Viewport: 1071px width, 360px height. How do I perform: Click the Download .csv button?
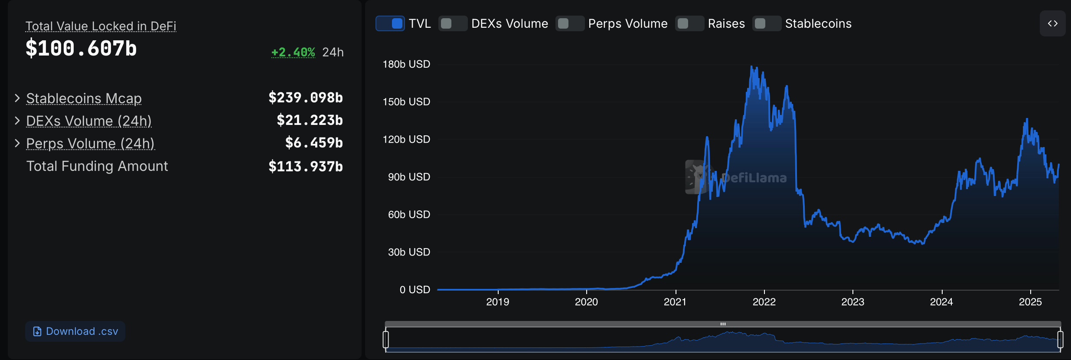click(75, 331)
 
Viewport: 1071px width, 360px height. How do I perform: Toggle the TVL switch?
click(390, 23)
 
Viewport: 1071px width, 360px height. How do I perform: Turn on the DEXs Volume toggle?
click(453, 23)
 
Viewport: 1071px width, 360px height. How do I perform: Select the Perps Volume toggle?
click(570, 23)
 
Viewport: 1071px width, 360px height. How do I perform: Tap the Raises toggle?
click(689, 23)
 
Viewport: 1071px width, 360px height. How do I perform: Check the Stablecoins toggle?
click(767, 23)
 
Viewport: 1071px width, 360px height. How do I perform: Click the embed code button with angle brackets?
click(1052, 23)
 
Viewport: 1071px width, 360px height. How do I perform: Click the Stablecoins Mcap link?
click(84, 98)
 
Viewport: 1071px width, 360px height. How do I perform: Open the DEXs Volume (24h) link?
click(89, 121)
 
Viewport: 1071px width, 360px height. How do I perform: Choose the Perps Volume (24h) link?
click(90, 144)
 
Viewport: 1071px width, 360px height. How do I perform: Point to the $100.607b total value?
click(81, 48)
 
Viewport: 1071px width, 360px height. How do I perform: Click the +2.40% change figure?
click(293, 52)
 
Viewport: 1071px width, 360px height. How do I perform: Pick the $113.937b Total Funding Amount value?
click(305, 166)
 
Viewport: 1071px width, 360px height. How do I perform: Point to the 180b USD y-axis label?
click(406, 64)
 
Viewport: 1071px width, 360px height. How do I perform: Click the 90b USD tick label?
click(408, 177)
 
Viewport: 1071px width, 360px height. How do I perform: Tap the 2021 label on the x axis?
click(675, 302)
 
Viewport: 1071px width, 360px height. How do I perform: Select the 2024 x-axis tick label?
click(941, 302)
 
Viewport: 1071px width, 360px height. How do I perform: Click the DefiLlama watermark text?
click(754, 178)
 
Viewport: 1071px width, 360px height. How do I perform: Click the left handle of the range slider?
click(386, 339)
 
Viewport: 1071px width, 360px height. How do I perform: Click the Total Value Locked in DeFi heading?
click(101, 26)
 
